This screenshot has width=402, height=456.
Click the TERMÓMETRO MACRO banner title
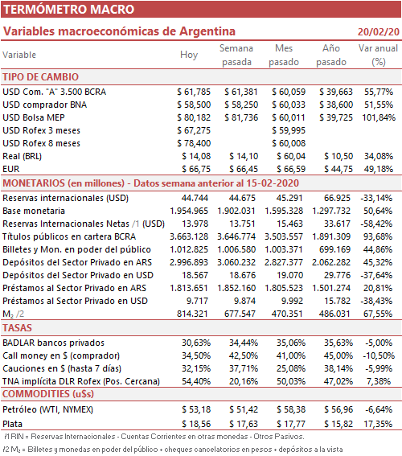click(68, 10)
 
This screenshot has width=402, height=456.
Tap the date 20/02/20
click(379, 31)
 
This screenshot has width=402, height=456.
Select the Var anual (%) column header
click(378, 55)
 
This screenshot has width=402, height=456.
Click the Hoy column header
click(189, 55)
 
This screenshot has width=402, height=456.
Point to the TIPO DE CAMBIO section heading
click(41, 77)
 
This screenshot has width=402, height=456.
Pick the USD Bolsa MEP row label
click(34, 117)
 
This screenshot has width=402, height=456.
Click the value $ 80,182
click(194, 117)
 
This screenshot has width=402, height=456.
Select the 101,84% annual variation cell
click(379, 117)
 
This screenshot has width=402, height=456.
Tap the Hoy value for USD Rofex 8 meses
click(194, 143)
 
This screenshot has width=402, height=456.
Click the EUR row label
click(11, 169)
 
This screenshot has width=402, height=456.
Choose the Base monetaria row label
click(34, 211)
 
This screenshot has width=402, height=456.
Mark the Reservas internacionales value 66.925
click(337, 198)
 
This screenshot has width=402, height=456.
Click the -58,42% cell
click(376, 224)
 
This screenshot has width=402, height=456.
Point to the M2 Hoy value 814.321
click(192, 314)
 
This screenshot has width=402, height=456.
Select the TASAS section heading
click(17, 328)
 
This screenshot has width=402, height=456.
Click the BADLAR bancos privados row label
click(54, 343)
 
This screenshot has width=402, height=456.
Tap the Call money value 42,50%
click(244, 355)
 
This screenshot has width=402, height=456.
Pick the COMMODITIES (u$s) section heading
click(48, 394)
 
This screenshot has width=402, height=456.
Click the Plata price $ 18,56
click(196, 424)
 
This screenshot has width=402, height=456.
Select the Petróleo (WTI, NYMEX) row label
click(48, 409)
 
